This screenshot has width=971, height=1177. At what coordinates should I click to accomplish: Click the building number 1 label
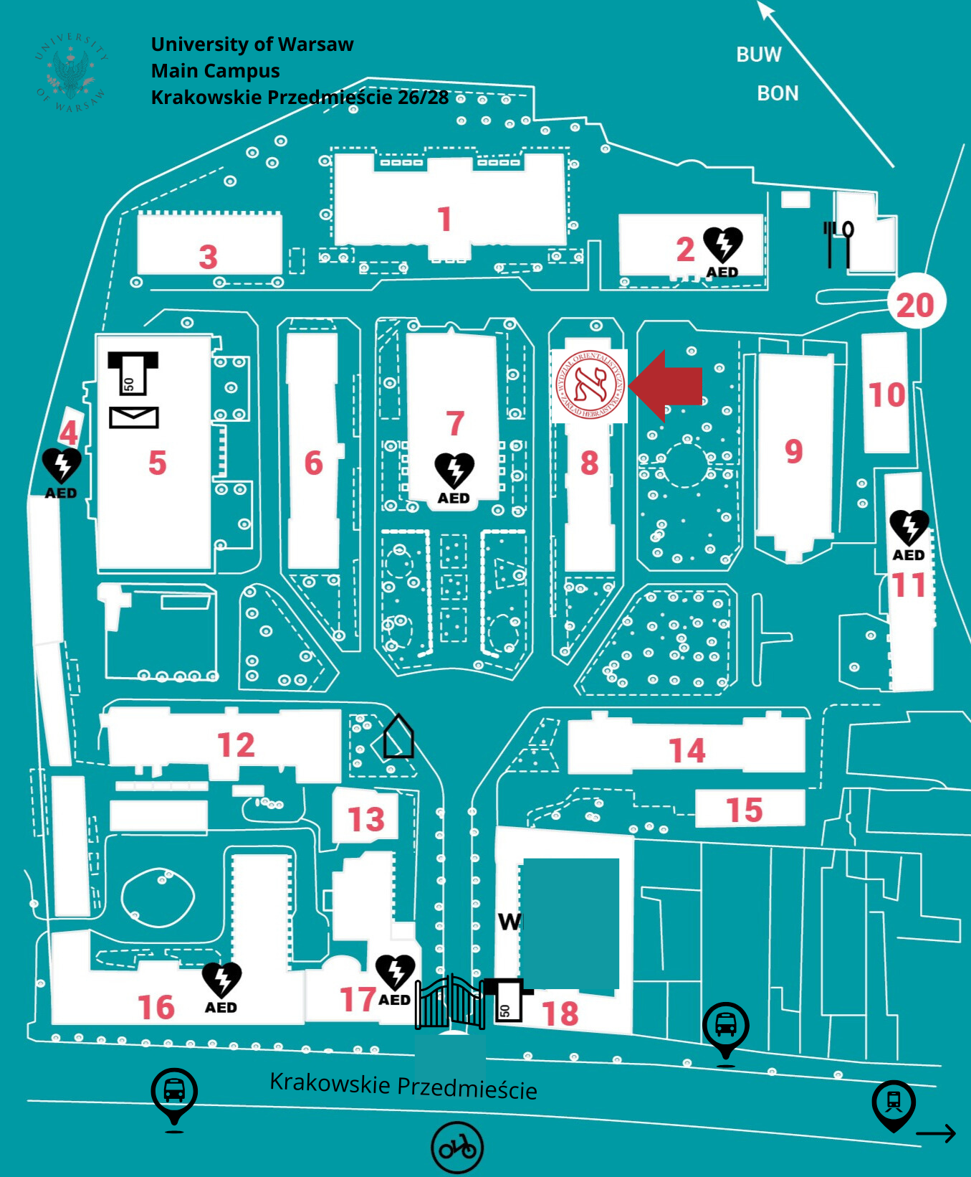[444, 219]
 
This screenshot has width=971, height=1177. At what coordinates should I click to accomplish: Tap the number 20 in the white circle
[915, 306]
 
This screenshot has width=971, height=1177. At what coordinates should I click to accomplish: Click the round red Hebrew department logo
[590, 385]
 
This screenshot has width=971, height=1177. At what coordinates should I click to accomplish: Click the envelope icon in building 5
[134, 417]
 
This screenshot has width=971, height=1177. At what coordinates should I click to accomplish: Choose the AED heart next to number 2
[722, 245]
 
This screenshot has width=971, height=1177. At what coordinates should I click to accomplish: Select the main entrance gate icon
[450, 1002]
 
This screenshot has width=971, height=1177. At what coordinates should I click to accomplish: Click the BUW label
[758, 55]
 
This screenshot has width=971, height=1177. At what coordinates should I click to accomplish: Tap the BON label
[778, 94]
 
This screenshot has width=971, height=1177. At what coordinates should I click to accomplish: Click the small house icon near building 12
[398, 737]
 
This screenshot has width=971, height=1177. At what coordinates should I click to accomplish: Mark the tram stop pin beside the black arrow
[894, 1104]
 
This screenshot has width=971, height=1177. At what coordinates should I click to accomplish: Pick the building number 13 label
[366, 819]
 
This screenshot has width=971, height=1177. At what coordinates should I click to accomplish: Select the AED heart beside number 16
[221, 980]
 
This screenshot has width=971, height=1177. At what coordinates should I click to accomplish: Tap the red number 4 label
[69, 432]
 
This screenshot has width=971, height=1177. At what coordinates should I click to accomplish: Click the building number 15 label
[744, 810]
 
